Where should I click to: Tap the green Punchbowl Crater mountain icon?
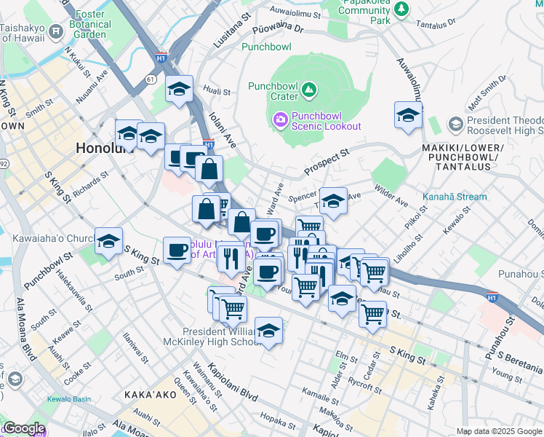(309, 90)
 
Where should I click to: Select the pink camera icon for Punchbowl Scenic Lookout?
(280, 119)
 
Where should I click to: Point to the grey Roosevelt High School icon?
(455, 125)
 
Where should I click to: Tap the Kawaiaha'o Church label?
(48, 238)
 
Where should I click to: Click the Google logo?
(23, 428)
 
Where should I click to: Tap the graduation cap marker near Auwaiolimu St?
(409, 115)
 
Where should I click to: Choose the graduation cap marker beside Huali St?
(179, 90)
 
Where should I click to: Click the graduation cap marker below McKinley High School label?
(268, 331)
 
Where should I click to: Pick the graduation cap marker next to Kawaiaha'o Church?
(108, 241)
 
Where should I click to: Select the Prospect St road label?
(327, 158)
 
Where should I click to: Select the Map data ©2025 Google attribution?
(498, 431)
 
